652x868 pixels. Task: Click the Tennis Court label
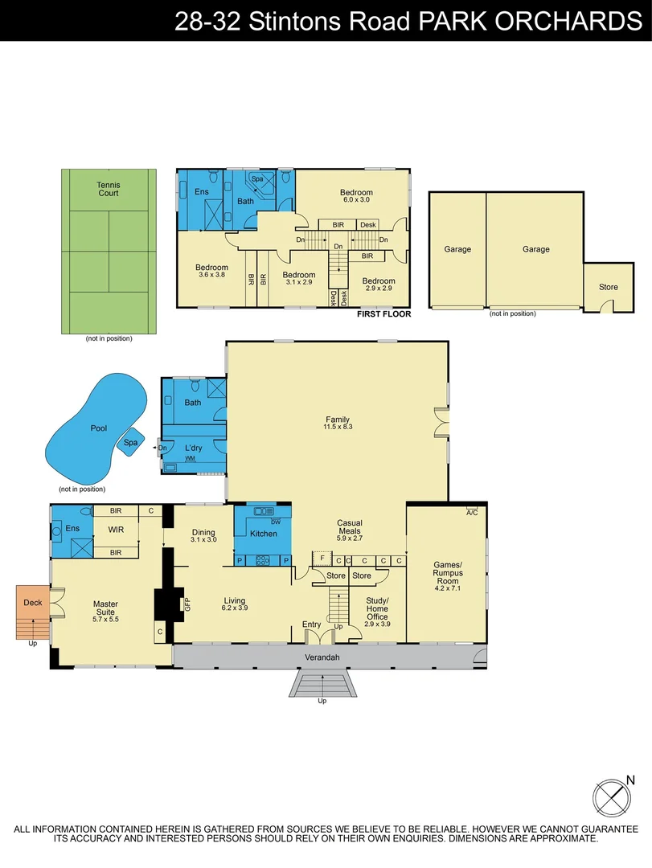pos(108,189)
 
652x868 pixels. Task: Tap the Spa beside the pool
pos(130,442)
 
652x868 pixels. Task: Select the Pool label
pos(98,429)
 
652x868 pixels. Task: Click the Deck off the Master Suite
pos(32,602)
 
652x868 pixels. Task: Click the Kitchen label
pos(263,534)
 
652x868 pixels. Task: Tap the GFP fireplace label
pos(187,604)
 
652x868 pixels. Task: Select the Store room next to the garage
pos(608,287)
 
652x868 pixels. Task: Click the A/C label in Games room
pos(472,513)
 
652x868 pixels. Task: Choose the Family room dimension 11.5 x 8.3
pos(338,427)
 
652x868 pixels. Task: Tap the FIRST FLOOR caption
pos(383,314)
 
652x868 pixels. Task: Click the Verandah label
pos(322,657)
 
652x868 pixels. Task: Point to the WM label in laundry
pos(190,458)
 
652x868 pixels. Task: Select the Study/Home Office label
pos(377,608)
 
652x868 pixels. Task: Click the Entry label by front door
pos(311,624)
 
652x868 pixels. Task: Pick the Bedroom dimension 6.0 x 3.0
pos(355,200)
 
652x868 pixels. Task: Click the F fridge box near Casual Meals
pos(322,557)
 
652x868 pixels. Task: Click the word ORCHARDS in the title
pos(567,21)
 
